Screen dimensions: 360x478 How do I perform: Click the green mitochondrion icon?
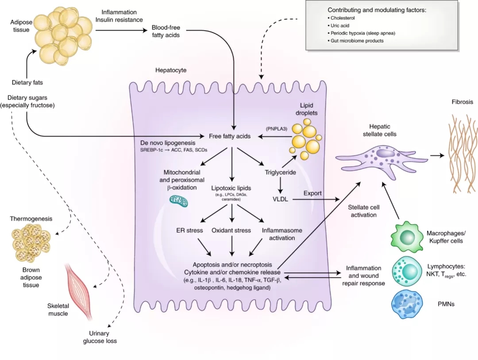(x=178, y=201)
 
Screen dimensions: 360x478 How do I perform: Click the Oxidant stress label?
(x=231, y=230)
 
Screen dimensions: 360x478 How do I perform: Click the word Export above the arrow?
(x=312, y=193)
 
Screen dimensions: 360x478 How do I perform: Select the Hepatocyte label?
(x=171, y=70)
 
